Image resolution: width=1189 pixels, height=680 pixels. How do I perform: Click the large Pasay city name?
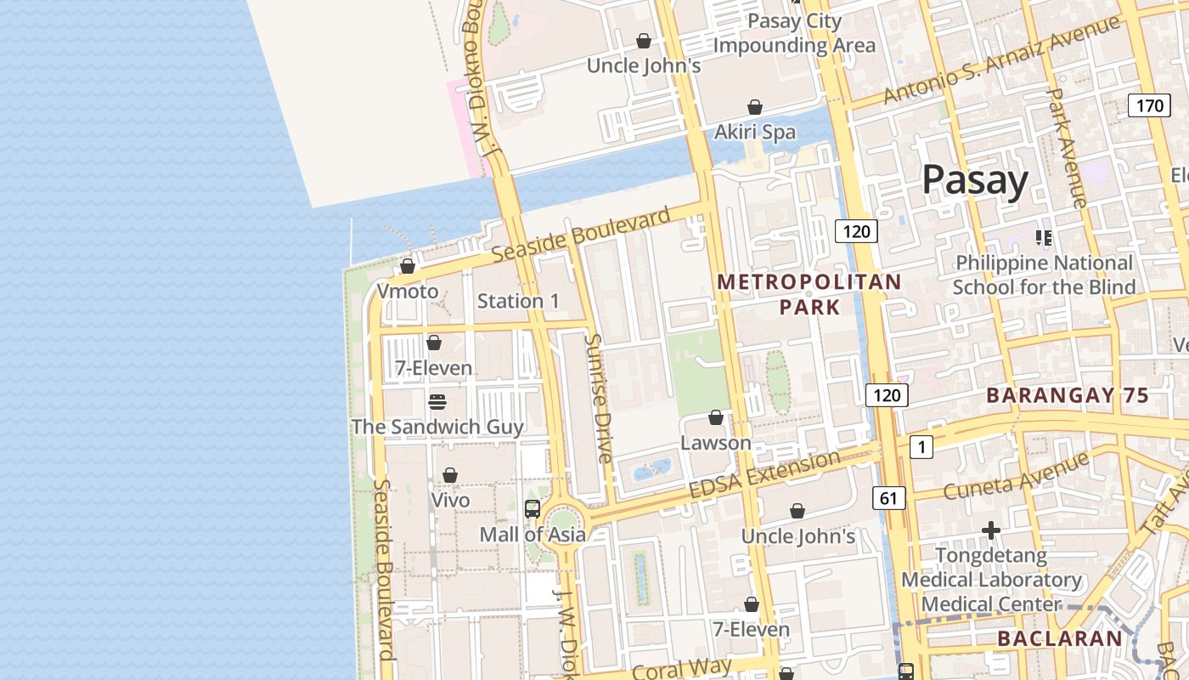pyautogui.click(x=975, y=180)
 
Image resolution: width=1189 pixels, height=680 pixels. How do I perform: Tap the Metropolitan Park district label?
pyautogui.click(x=809, y=294)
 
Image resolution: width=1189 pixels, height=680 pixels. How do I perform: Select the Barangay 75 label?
pyautogui.click(x=1068, y=395)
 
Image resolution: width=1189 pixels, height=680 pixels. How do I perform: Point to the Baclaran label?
pyautogui.click(x=1059, y=638)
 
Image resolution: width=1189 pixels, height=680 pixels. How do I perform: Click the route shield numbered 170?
pyautogui.click(x=1149, y=106)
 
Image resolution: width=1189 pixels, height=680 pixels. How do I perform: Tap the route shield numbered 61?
pyautogui.click(x=888, y=498)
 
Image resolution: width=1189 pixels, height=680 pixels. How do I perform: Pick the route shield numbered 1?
pyautogui.click(x=921, y=446)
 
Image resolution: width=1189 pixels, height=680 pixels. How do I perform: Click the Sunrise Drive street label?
pyautogui.click(x=599, y=398)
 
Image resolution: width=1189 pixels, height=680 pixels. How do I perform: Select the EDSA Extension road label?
pyautogui.click(x=764, y=476)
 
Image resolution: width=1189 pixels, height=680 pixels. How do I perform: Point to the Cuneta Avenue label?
pyautogui.click(x=1016, y=477)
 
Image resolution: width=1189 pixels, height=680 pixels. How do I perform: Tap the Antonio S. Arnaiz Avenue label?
pyautogui.click(x=1002, y=59)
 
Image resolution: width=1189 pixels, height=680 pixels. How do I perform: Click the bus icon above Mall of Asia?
pyautogui.click(x=533, y=509)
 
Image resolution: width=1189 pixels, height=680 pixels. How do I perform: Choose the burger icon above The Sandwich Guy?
pyautogui.click(x=437, y=401)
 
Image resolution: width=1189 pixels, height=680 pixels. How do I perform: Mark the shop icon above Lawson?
pyautogui.click(x=716, y=418)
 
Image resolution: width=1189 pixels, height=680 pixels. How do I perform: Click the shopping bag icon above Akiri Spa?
pyautogui.click(x=755, y=107)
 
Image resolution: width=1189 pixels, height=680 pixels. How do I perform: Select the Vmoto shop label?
pyautogui.click(x=408, y=292)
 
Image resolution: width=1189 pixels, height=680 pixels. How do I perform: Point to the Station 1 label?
pyautogui.click(x=518, y=301)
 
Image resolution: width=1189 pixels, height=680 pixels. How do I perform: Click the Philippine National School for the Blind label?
pyautogui.click(x=1044, y=275)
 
